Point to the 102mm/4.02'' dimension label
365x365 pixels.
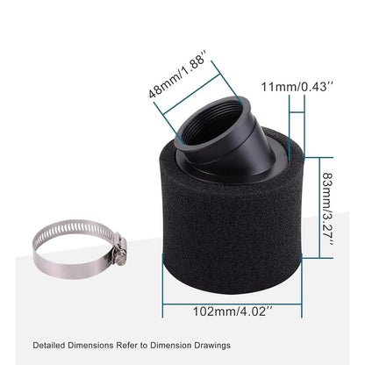pyautogui.click(x=232, y=310)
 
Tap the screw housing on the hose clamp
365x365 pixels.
pyautogui.click(x=118, y=247)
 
